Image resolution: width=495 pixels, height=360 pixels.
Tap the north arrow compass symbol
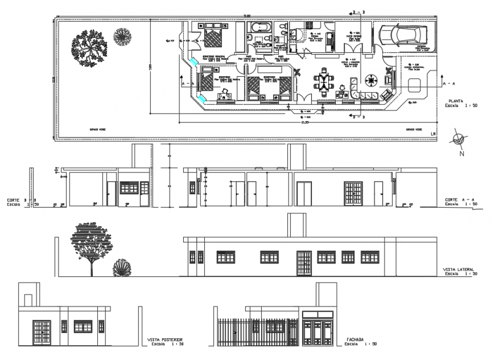[459, 140]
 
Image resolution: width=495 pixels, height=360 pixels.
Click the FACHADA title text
[355, 340]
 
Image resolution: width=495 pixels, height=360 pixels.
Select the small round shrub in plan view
[122, 36]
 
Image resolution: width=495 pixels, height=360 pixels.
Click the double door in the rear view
[42, 332]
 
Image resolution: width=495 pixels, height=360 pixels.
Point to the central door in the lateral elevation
[304, 263]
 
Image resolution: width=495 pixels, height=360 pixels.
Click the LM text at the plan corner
[432, 134]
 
